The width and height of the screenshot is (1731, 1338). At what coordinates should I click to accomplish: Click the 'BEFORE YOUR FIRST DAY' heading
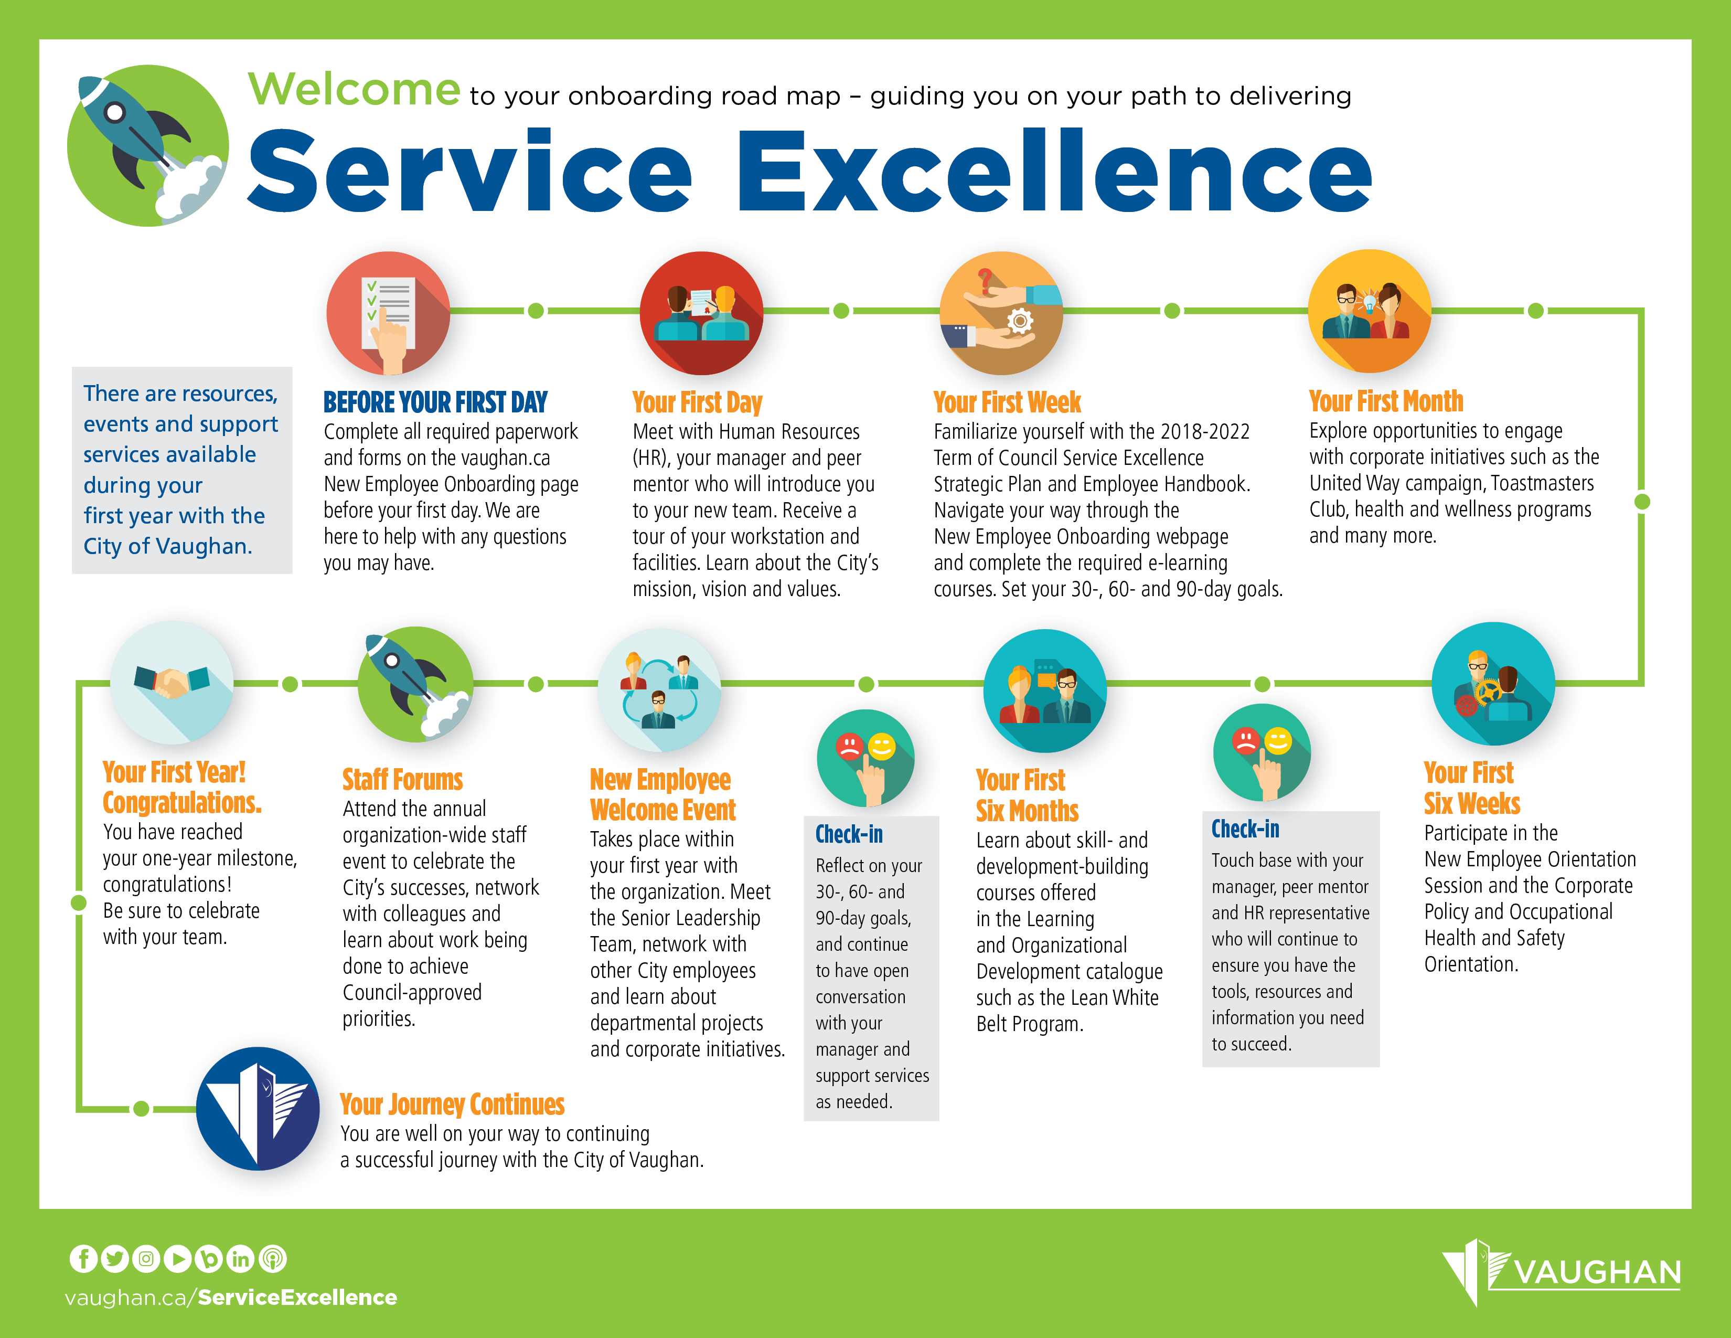(x=435, y=402)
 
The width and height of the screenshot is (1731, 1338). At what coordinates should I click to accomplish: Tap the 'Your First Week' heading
(x=1007, y=402)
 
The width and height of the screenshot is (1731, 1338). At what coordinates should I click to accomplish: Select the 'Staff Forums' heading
(x=403, y=780)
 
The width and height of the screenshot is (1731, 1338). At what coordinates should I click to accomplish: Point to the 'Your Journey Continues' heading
(x=452, y=1104)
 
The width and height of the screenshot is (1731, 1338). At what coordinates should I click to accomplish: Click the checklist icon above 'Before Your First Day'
(x=388, y=313)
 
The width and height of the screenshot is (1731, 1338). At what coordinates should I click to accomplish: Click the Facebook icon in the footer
(x=83, y=1259)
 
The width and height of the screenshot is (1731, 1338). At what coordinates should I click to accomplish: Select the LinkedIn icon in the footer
(x=240, y=1259)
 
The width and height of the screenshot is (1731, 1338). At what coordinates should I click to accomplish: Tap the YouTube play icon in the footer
(x=177, y=1259)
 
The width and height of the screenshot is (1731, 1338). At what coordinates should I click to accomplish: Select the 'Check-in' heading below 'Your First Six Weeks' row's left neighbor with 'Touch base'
(x=1245, y=829)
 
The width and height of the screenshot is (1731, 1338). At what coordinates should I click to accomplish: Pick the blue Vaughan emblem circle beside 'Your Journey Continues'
(x=258, y=1108)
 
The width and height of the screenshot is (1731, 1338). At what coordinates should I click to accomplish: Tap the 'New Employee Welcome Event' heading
(x=663, y=795)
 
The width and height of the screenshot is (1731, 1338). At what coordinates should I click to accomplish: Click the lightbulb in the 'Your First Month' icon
(x=1368, y=302)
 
